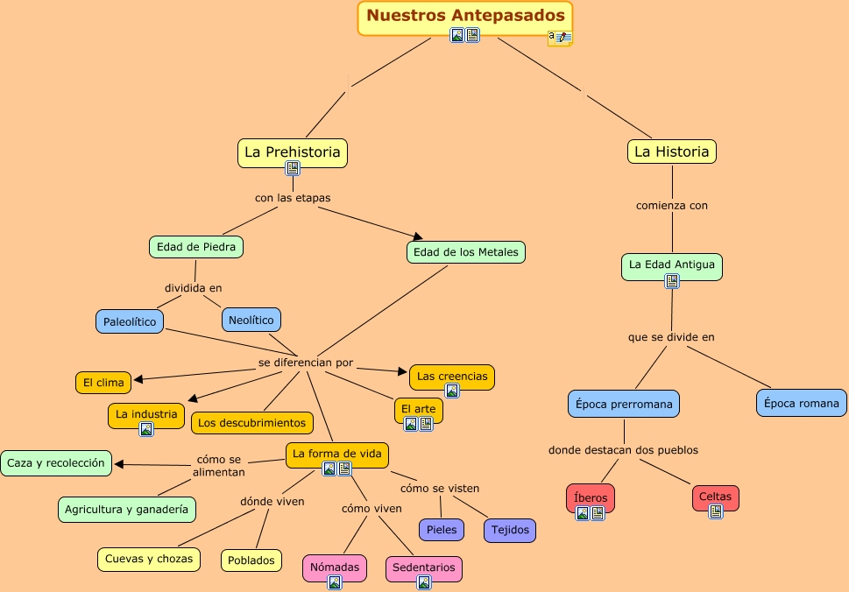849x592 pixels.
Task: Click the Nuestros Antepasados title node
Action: (465, 16)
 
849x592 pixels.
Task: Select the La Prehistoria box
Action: (293, 152)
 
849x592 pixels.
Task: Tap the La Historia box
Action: (672, 152)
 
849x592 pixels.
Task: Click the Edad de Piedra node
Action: (196, 247)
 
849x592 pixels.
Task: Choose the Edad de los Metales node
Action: (466, 252)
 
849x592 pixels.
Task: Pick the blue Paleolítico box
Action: (130, 321)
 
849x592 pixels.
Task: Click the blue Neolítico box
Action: (251, 320)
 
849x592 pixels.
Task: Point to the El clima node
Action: (103, 382)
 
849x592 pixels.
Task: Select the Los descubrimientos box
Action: (252, 423)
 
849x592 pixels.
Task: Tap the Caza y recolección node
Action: (56, 462)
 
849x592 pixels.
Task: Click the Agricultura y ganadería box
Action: (127, 509)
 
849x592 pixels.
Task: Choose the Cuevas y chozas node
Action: (148, 559)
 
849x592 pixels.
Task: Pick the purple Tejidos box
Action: (510, 530)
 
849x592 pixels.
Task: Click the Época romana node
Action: (802, 403)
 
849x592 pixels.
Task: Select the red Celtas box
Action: (716, 497)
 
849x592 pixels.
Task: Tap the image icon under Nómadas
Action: (334, 582)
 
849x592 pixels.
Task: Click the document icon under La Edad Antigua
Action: (672, 281)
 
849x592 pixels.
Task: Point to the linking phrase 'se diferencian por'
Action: (306, 363)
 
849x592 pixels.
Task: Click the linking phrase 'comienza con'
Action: (672, 206)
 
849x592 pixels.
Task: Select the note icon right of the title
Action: (559, 38)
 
